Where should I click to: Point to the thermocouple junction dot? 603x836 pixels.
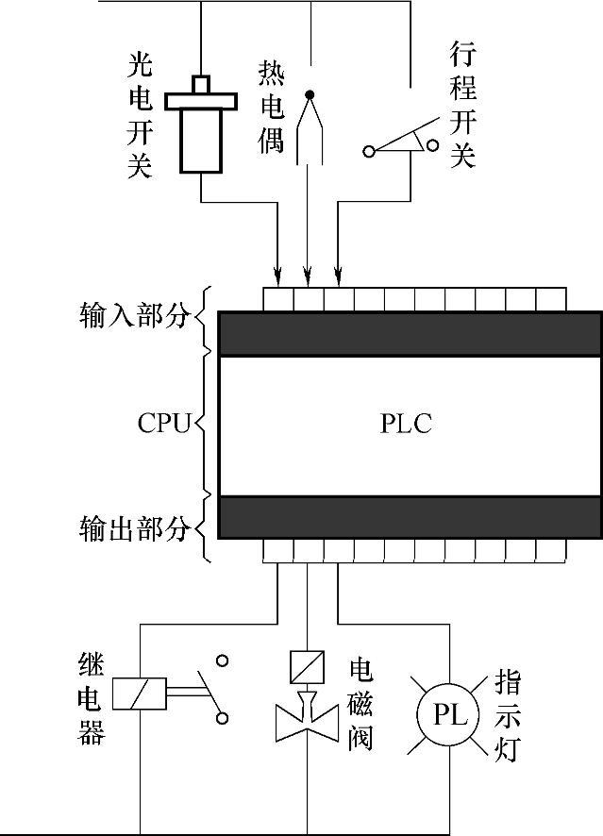(x=308, y=94)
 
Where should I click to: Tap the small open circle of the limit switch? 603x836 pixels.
(x=432, y=144)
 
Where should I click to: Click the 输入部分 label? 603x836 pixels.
(x=134, y=315)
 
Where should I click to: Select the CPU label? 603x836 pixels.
(x=164, y=422)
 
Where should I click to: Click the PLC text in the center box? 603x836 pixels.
(x=406, y=424)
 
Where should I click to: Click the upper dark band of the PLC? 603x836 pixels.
(x=410, y=333)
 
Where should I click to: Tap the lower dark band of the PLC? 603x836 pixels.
(x=410, y=516)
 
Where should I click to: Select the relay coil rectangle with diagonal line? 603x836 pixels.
(x=140, y=694)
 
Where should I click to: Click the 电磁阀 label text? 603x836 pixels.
(x=360, y=702)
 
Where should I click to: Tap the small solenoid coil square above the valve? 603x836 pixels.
(x=308, y=666)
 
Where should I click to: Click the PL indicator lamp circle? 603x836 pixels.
(x=451, y=715)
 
